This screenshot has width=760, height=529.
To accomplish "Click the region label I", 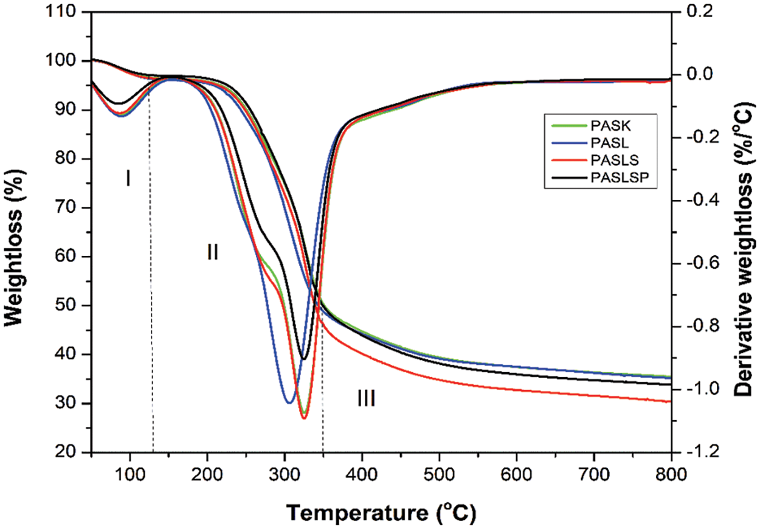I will tap(128, 178).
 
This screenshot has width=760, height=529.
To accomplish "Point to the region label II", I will tap(212, 252).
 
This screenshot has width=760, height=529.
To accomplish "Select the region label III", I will tap(365, 399).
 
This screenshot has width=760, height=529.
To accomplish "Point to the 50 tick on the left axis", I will tap(71, 306).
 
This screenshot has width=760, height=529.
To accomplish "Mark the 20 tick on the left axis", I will tap(71, 453).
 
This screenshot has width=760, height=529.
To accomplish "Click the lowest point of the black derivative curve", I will tap(304, 359).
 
